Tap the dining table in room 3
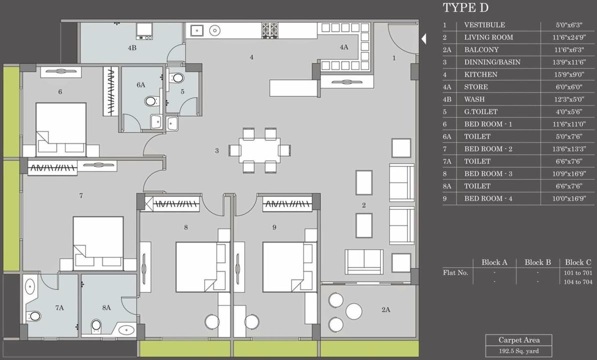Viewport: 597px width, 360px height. pos(259,150)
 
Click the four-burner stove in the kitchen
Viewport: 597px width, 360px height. pos(270,30)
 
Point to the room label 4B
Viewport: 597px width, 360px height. pos(132,48)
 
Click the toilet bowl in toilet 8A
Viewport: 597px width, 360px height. pos(96,325)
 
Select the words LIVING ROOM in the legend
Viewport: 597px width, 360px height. pos(488,37)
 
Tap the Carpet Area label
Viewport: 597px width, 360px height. pos(518,340)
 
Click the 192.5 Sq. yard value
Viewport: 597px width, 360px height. pos(518,351)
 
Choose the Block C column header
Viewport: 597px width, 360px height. pos(578,262)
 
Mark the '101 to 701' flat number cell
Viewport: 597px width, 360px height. pos(578,273)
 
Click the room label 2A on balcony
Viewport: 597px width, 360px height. pos(385,310)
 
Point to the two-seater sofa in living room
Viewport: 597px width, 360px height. pos(364,261)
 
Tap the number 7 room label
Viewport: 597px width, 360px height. pos(81,196)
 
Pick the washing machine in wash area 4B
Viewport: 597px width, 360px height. pos(145,31)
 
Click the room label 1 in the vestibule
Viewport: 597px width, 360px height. pos(394,58)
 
